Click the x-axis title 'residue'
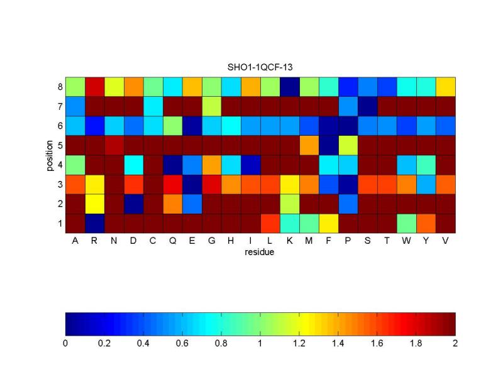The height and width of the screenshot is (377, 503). coord(260,253)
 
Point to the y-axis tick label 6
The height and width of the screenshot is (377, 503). coord(59,125)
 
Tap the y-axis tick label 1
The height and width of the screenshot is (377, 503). coord(59,222)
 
